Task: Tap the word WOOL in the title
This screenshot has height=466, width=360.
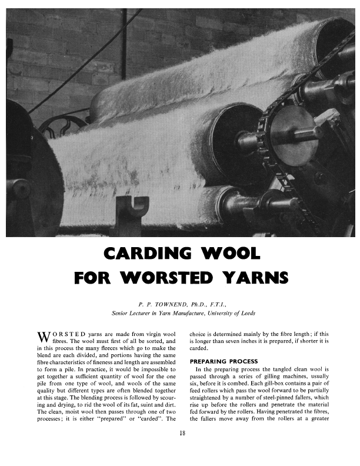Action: tap(231, 254)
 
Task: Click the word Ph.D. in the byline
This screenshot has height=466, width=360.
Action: tap(204, 305)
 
